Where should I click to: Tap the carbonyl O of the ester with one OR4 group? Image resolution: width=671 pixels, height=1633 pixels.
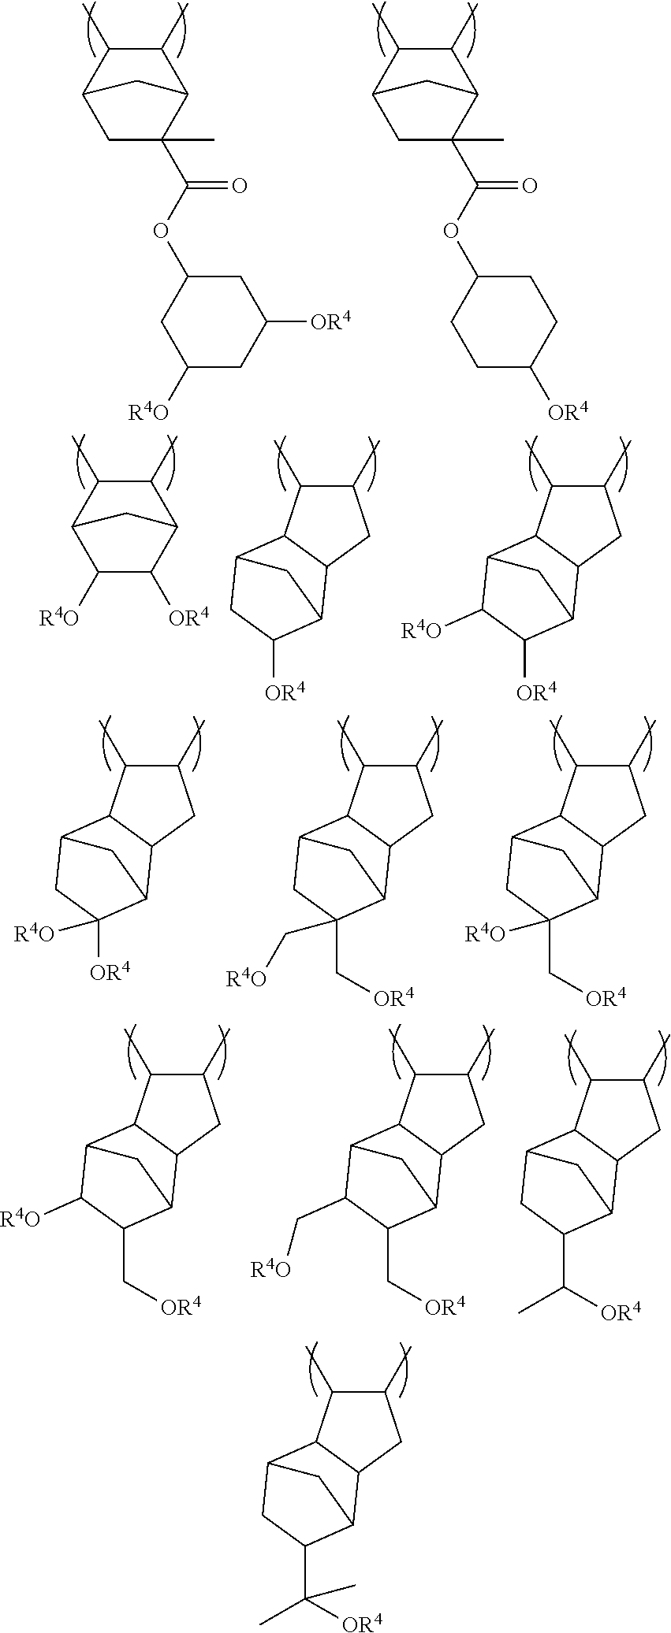tap(529, 187)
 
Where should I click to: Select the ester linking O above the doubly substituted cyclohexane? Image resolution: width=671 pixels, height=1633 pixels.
tap(161, 231)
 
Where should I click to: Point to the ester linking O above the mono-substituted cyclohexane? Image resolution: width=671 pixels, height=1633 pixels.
tap(450, 231)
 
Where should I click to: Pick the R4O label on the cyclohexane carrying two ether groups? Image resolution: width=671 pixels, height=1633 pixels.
tap(149, 411)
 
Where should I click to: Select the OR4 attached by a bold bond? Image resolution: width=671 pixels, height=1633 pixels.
tap(536, 692)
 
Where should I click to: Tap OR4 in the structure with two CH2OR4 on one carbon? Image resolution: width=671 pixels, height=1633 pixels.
tap(393, 999)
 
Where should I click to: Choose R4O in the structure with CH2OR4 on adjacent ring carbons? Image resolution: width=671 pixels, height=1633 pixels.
tap(270, 1269)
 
